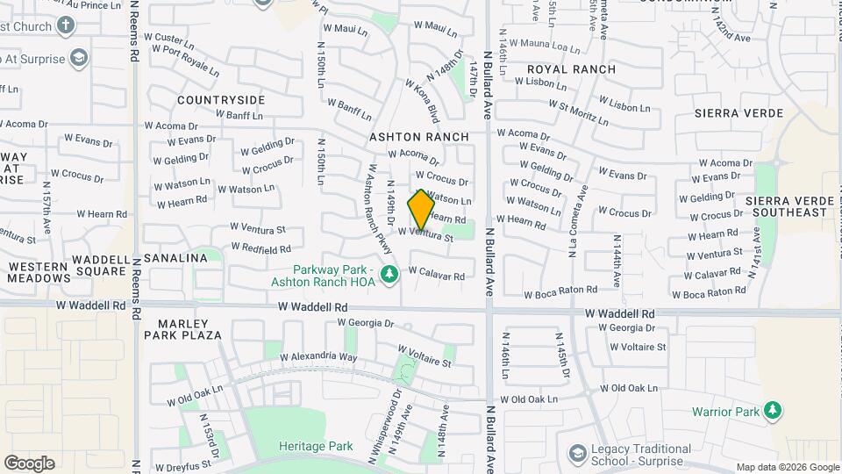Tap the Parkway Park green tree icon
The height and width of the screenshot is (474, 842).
pyautogui.click(x=390, y=276)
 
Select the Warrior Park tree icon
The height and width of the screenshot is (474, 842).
pyautogui.click(x=772, y=411)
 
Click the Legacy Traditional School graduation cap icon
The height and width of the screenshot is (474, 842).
pyautogui.click(x=578, y=452)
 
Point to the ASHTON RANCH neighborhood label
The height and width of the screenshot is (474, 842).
pyautogui.click(x=419, y=138)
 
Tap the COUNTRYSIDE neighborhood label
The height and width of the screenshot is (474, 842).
pyautogui.click(x=221, y=100)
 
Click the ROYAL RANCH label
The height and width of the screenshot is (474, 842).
pyautogui.click(x=571, y=69)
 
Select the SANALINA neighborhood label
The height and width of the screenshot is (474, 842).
pyautogui.click(x=175, y=258)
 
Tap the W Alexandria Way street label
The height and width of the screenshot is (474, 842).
pyautogui.click(x=319, y=357)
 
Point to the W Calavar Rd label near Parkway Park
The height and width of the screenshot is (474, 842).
pyautogui.click(x=437, y=276)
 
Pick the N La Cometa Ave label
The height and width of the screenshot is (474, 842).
pyautogui.click(x=577, y=221)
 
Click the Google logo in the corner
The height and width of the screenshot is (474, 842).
pyautogui.click(x=29, y=463)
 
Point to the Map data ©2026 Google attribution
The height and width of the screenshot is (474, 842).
pyautogui.click(x=788, y=468)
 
